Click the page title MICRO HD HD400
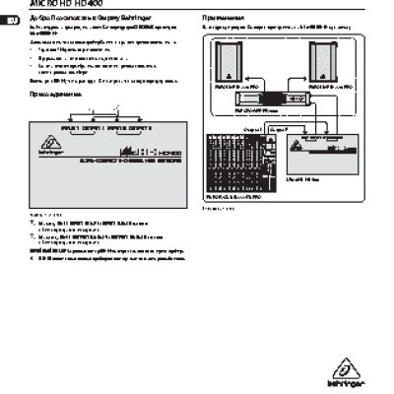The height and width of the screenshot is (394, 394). pos(60,5)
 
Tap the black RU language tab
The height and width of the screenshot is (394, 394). pos(6,19)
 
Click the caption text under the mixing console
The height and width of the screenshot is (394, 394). pos(215,210)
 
